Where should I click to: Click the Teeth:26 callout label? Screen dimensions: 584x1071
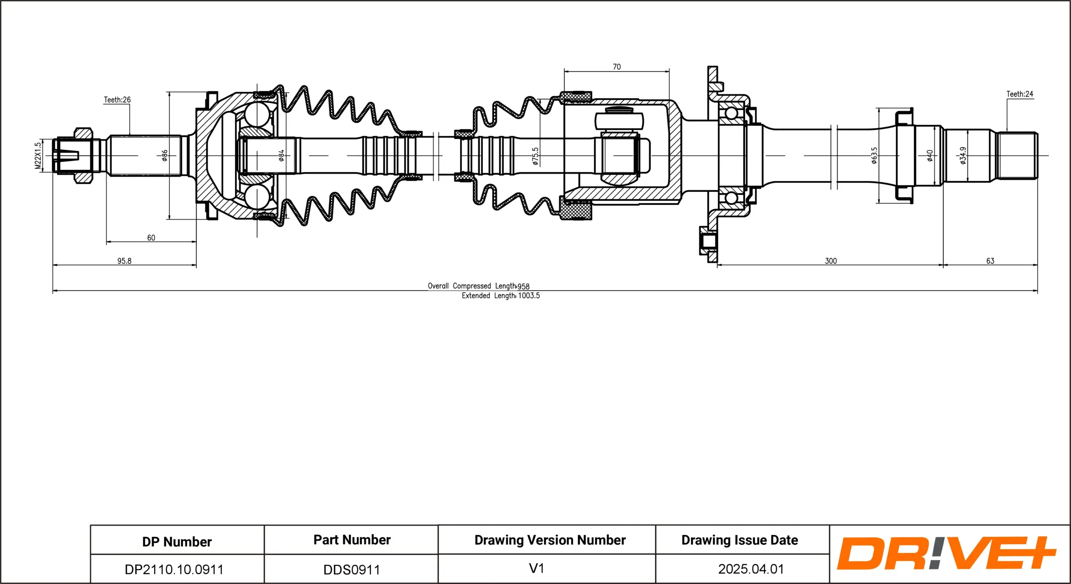coord(117,100)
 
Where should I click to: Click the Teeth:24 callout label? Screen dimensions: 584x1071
coord(1020,94)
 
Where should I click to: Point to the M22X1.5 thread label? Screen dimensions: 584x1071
coord(38,156)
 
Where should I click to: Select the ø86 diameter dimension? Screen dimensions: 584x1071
coord(165,156)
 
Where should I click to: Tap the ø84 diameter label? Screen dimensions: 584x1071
coord(281,156)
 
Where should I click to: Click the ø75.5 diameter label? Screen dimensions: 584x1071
coord(535,156)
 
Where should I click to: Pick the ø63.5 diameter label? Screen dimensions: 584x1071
coord(874,156)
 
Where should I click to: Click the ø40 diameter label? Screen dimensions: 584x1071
coord(930,156)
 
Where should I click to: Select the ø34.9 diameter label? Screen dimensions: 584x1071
coord(963,156)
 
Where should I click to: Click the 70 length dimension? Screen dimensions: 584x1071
coord(616,67)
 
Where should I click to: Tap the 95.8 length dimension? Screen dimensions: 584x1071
coord(124,261)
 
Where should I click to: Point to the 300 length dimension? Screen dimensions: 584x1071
coord(831,261)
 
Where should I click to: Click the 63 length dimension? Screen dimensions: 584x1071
coord(990,261)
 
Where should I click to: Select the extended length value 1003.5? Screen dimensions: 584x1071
coord(529,296)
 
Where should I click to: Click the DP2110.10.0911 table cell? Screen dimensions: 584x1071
coord(174,569)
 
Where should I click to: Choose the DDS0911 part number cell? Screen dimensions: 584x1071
coord(352,570)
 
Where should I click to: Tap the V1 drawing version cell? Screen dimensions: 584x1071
coord(536,569)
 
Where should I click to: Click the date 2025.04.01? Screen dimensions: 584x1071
coord(751,569)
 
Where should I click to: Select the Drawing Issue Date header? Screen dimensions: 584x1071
coord(739,540)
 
